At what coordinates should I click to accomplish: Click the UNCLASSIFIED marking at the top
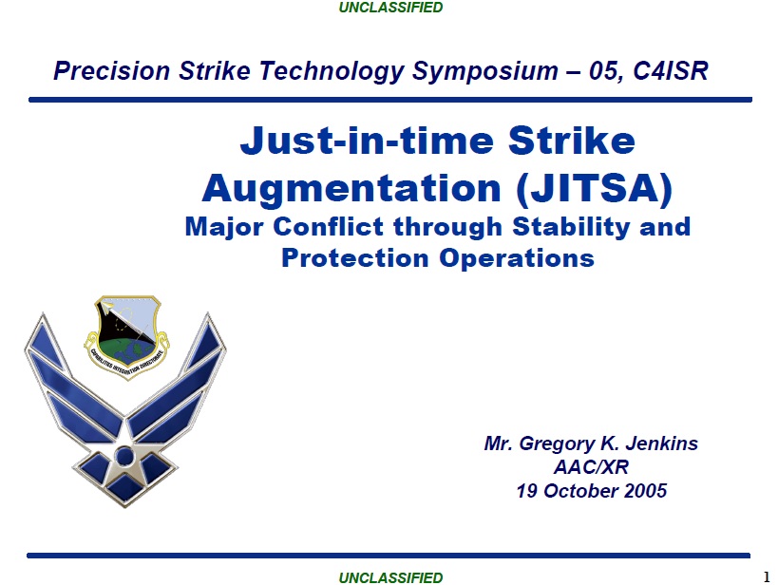(390, 8)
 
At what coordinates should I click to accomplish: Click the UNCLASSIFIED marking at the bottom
(390, 577)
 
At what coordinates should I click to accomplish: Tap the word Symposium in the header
(484, 70)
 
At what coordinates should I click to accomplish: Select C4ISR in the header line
(671, 70)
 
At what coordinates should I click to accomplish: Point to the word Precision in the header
(112, 70)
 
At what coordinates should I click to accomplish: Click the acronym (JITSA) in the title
(595, 188)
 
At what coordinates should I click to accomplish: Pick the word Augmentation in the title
(351, 189)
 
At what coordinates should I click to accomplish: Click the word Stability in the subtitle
(572, 227)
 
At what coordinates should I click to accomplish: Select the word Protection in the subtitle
(355, 258)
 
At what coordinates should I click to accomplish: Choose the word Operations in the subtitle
(517, 259)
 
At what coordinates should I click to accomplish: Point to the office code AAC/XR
(591, 467)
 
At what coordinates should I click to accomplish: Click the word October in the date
(580, 491)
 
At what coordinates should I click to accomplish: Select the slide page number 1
(767, 577)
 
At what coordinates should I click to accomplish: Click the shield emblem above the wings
(127, 337)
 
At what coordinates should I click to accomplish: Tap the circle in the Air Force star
(124, 456)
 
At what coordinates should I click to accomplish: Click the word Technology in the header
(331, 71)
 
